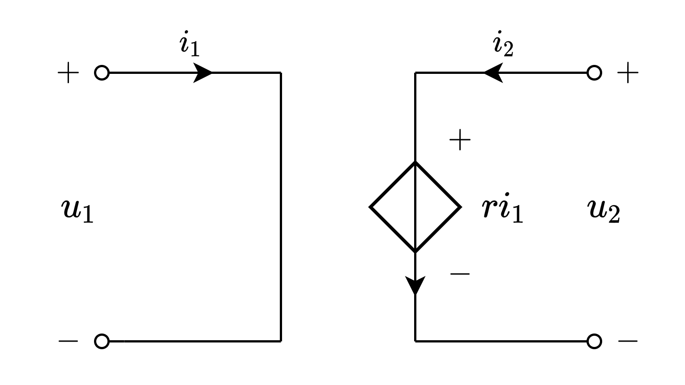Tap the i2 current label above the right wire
point(503,45)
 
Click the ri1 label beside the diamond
point(502,210)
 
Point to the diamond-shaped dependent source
point(415,207)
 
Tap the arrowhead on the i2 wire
point(493,73)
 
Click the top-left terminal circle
point(102,73)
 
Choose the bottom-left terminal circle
point(102,341)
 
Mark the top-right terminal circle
point(594,73)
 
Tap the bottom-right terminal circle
point(594,341)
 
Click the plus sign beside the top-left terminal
point(68,73)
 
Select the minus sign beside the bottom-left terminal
point(68,341)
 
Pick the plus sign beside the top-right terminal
point(628,73)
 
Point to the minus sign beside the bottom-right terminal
point(628,341)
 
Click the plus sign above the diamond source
point(460,140)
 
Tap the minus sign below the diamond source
point(460,274)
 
